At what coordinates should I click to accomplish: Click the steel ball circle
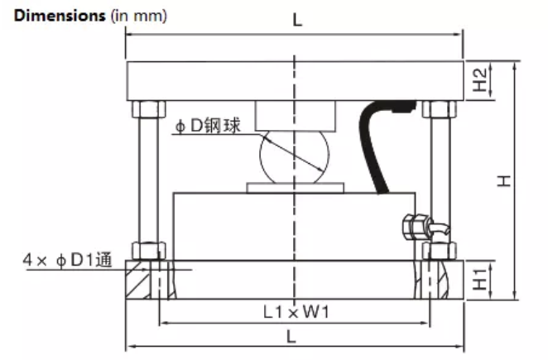pos(295,156)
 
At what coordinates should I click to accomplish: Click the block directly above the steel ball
pos(295,114)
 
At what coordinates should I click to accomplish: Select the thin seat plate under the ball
pos(295,188)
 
